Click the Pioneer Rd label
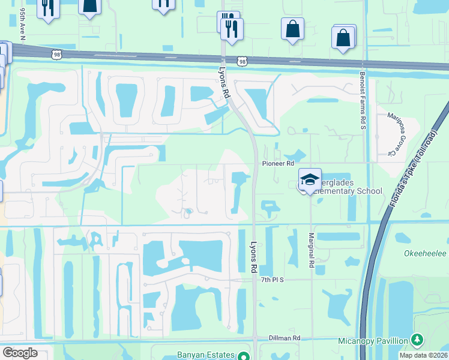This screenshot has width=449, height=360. click(277, 163)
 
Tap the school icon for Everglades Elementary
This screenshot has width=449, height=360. click(310, 179)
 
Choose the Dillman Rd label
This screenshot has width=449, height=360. click(284, 338)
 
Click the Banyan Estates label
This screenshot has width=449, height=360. click(203, 355)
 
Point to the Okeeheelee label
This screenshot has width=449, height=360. click(424, 254)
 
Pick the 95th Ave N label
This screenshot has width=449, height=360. click(22, 24)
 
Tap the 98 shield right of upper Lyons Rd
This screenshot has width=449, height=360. click(241, 62)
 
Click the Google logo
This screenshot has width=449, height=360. click(20, 353)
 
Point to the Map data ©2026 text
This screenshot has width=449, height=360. click(423, 355)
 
